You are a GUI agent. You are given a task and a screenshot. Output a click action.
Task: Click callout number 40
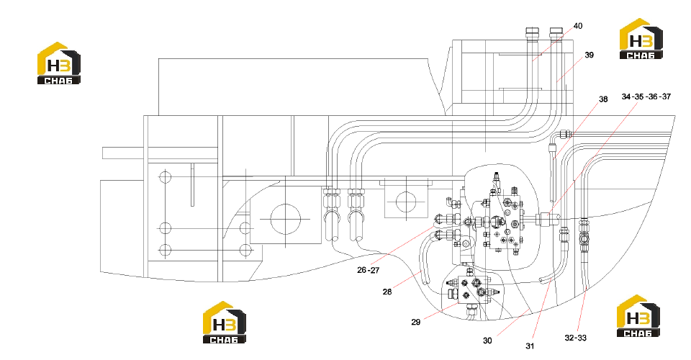[x=578, y=26]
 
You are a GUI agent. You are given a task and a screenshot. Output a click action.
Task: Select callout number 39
[x=589, y=55]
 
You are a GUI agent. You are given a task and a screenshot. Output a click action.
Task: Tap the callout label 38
[x=603, y=99]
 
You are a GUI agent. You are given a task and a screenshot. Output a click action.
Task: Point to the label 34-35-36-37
[x=646, y=96]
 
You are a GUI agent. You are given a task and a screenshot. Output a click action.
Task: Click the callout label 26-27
[x=368, y=270]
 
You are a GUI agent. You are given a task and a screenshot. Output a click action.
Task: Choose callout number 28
[x=387, y=292]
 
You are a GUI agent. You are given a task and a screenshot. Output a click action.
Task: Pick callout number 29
[x=415, y=322]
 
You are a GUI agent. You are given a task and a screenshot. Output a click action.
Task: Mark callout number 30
[x=487, y=341]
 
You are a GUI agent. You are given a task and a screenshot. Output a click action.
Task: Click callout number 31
[x=530, y=346]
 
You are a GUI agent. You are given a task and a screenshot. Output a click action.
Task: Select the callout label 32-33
[x=576, y=338]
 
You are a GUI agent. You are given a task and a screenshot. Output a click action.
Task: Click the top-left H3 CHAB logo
[x=58, y=63]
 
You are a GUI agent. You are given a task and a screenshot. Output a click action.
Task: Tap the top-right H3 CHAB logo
[x=641, y=38]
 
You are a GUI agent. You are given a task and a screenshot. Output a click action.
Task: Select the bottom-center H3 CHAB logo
[x=225, y=322]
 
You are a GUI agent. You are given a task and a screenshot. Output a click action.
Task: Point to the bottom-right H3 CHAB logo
[x=638, y=316]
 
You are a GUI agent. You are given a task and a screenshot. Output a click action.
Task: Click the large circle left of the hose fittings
[x=285, y=219]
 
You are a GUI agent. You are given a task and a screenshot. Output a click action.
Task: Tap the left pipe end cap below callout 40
[x=533, y=33]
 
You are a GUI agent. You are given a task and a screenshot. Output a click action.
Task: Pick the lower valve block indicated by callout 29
[x=473, y=291]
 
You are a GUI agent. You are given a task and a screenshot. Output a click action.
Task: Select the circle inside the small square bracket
[x=406, y=202]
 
